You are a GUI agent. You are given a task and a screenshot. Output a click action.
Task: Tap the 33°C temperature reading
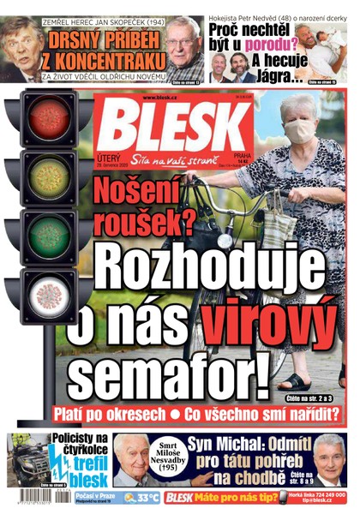point(145,498)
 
